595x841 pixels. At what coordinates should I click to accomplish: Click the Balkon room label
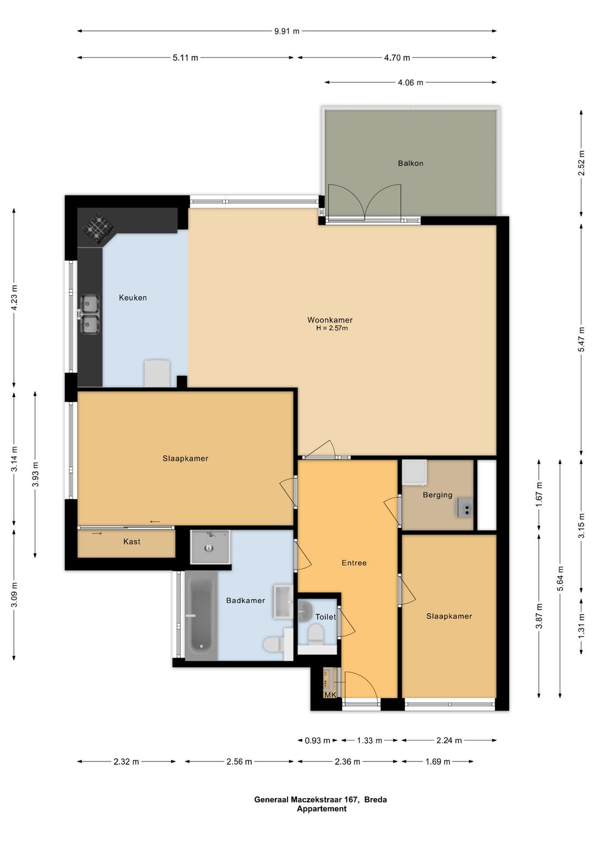(410, 163)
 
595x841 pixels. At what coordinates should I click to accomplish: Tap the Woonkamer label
(330, 320)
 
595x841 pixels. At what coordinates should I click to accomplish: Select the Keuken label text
(133, 298)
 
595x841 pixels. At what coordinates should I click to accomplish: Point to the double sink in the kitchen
(90, 314)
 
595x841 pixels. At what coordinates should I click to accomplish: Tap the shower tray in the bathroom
(210, 547)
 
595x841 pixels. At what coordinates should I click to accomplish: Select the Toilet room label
(326, 617)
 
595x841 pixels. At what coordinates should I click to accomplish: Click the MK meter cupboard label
(331, 695)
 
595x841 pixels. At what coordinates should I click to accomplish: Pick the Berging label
(437, 495)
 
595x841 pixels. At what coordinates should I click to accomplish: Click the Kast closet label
(132, 541)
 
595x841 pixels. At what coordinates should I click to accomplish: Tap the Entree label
(354, 563)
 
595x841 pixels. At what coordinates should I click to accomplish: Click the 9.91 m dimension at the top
(287, 31)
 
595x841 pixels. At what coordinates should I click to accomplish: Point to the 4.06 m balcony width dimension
(410, 82)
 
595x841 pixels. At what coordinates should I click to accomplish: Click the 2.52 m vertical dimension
(581, 163)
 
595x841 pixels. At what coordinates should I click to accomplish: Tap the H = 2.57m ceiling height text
(332, 328)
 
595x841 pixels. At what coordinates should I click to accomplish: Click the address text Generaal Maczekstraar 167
(306, 799)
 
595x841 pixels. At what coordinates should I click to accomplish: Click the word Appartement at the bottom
(322, 808)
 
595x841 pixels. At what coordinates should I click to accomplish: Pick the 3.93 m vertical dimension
(35, 474)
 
